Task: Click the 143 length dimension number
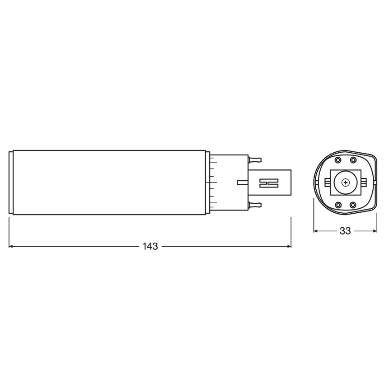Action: (x=150, y=246)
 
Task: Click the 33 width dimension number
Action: (x=345, y=231)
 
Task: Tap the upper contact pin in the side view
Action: (x=255, y=160)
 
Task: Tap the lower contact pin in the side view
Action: (x=255, y=205)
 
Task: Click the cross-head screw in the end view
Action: (x=346, y=183)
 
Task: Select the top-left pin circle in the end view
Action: (x=338, y=160)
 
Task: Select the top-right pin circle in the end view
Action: (x=353, y=160)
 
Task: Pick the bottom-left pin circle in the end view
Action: (x=338, y=205)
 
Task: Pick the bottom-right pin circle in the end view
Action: (x=353, y=205)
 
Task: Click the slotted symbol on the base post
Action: (x=269, y=183)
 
